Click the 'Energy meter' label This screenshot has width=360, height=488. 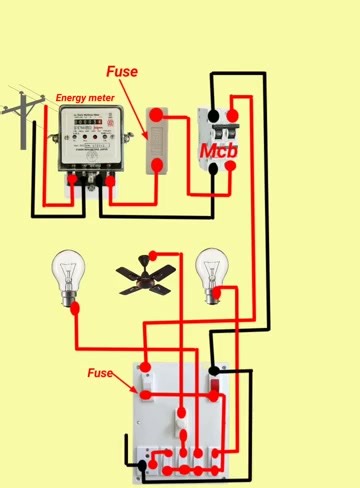(84, 97)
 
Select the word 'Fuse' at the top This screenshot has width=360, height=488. (122, 72)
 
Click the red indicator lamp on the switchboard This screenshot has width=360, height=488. (214, 381)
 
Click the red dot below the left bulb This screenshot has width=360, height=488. (76, 309)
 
